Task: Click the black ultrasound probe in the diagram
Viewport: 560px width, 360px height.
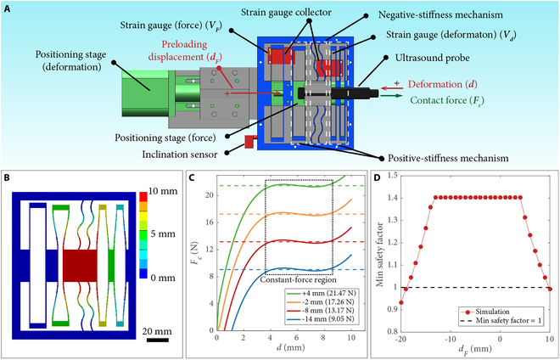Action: [x=335, y=91]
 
